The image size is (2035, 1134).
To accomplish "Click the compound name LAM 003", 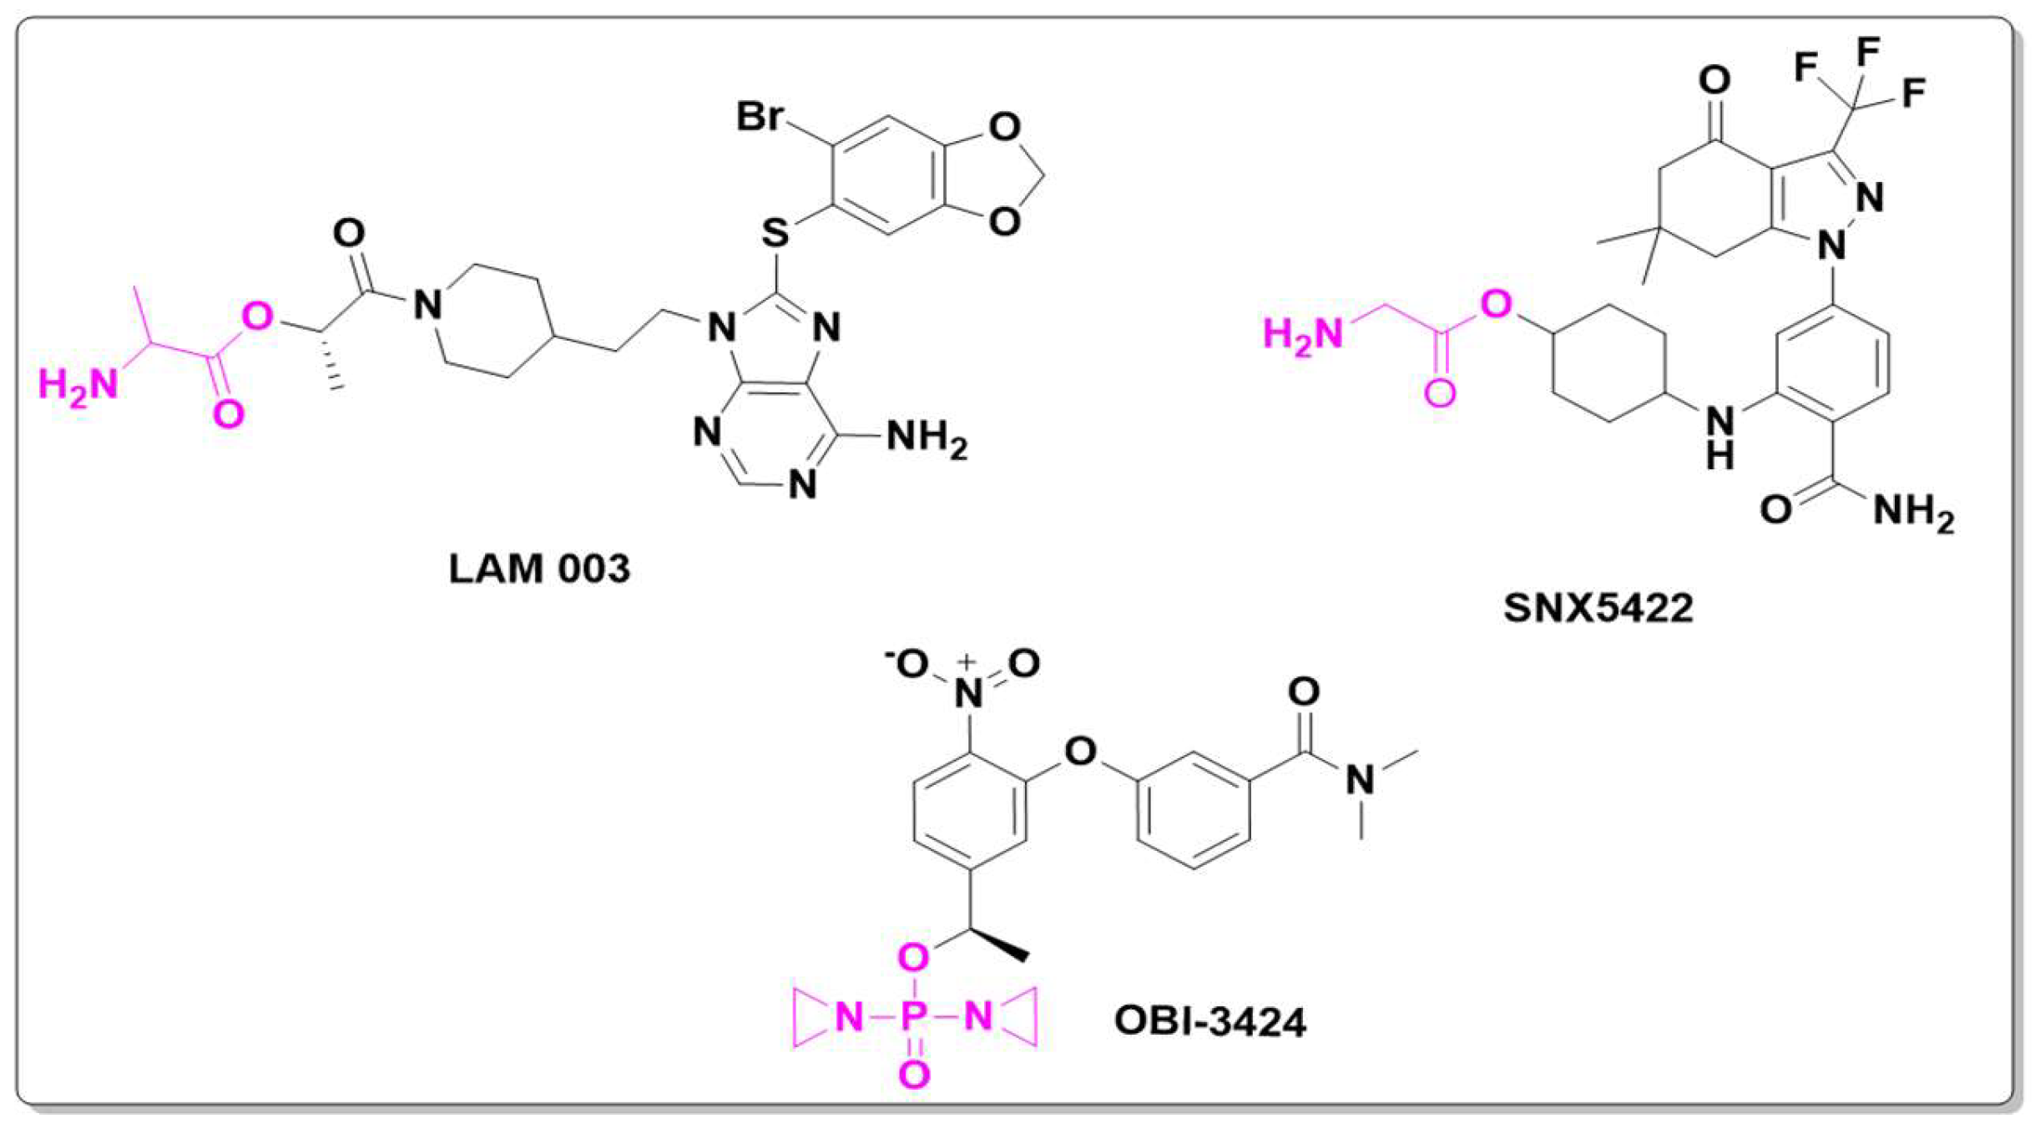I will pos(539,570).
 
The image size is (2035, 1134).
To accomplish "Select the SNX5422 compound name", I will pos(1598,608).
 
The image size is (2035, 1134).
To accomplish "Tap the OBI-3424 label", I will pos(1209,1021).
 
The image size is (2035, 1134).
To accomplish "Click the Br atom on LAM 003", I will pos(759,116).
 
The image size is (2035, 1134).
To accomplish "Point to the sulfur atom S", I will pos(775,232).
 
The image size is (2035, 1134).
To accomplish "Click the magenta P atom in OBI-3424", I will pos(914,1017).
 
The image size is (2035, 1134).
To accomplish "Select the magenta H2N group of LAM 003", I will pos(78,386).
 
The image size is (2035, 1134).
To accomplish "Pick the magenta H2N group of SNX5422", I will pos(1303,335).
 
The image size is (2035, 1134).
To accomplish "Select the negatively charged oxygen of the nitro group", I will pos(911,664).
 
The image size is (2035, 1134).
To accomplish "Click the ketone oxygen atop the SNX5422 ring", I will pos(1714,80).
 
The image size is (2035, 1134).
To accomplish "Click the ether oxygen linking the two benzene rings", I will pos(1080,752).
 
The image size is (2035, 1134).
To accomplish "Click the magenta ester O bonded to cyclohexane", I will pos(1496,305).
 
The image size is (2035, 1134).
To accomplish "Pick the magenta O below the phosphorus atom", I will pos(914,1075).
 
